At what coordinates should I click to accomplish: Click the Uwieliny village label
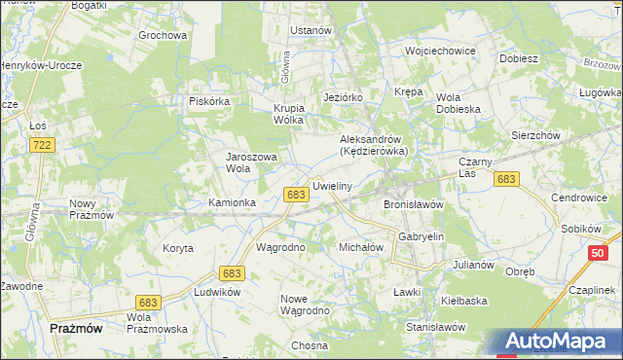coord(332,185)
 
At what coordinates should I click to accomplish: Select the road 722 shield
coord(41,144)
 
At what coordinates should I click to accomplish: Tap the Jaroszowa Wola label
coord(252,162)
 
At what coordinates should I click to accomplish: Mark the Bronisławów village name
coord(414,205)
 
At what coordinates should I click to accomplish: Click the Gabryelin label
coord(421,236)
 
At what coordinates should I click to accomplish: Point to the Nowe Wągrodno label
coord(305,305)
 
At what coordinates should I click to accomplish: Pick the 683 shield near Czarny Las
coord(505,179)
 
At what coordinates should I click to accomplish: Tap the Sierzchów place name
coord(535,136)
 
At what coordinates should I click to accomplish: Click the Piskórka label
coord(209,100)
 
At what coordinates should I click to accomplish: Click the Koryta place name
coord(178,248)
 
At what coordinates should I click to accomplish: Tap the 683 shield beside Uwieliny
coord(298,195)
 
